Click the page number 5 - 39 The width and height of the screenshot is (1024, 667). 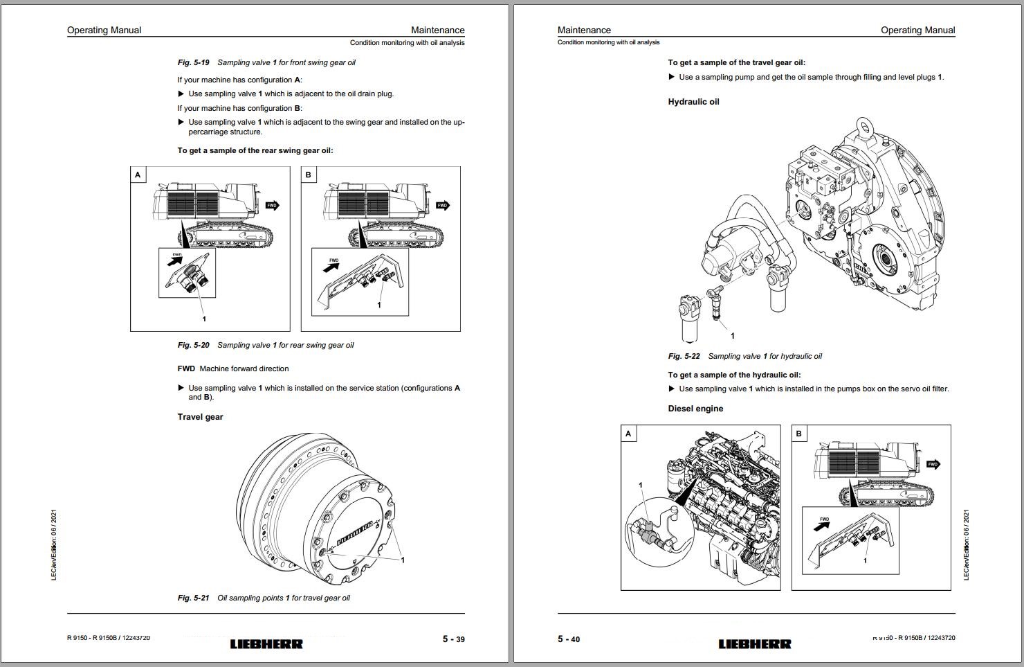point(453,639)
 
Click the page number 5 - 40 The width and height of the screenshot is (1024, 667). point(569,639)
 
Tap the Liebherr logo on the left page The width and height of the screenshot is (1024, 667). point(266,643)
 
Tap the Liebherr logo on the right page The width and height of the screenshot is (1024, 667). point(754,643)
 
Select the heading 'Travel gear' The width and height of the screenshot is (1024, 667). point(200,417)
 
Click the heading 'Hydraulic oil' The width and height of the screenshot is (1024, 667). point(693,102)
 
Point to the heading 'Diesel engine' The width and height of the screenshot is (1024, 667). point(695,409)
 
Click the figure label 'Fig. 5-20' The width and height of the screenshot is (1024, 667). point(193,345)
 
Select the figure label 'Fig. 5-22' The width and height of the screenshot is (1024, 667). point(684,356)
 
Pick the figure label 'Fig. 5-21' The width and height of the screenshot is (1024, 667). point(193,598)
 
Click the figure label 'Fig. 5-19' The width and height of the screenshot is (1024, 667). point(193,62)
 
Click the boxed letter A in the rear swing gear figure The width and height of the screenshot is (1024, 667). point(138,175)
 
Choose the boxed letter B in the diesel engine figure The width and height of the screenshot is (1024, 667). point(799,434)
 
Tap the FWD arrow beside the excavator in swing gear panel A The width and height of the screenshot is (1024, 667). point(273,205)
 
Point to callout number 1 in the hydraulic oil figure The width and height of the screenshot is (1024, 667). point(733,336)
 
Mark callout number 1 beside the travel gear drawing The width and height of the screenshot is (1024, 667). point(403,560)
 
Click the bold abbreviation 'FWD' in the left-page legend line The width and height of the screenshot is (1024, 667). point(186,368)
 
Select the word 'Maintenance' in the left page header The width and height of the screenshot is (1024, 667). point(437,30)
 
